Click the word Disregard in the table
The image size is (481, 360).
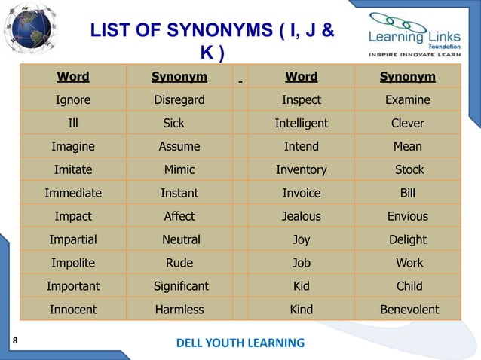point(179,100)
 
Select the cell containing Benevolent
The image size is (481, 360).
point(407,310)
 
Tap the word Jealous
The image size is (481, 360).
point(301,216)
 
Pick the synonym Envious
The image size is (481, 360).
point(407,216)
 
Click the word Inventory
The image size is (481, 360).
point(301,169)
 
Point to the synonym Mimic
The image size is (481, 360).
point(179,169)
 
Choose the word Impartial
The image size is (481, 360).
point(73,239)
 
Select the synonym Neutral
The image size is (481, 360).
point(181,239)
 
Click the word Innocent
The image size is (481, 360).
point(73,310)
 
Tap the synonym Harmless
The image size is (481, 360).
point(179,310)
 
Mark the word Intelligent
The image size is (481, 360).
point(301,123)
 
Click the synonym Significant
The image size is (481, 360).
point(181,286)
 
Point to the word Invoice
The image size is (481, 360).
point(301,193)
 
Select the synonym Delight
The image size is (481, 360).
point(407,239)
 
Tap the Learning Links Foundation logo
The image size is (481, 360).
point(415,35)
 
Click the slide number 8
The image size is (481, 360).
point(14,340)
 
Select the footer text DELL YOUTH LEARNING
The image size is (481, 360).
point(240,343)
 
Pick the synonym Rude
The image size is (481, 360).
point(179,263)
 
